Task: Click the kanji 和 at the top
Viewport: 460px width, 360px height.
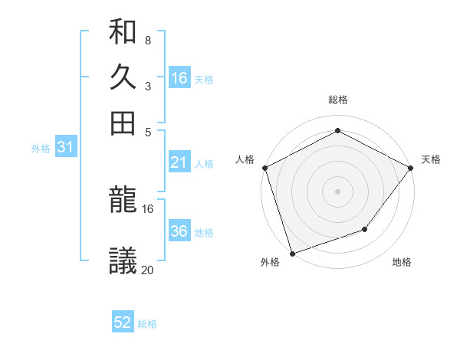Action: pyautogui.click(x=123, y=33)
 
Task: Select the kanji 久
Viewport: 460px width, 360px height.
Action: pyautogui.click(x=123, y=78)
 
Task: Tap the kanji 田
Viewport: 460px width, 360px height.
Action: pyautogui.click(x=123, y=123)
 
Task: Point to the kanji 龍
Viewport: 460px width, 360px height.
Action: pyautogui.click(x=123, y=202)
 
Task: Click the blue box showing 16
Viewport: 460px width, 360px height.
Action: pyautogui.click(x=179, y=77)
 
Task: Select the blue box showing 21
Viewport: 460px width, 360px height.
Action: pyautogui.click(x=179, y=162)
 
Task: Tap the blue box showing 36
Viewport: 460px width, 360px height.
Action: pyautogui.click(x=179, y=231)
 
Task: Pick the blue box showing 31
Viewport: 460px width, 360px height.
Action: pyautogui.click(x=65, y=148)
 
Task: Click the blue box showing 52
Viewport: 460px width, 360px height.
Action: pyautogui.click(x=123, y=322)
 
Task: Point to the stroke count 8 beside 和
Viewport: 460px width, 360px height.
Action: pyautogui.click(x=147, y=41)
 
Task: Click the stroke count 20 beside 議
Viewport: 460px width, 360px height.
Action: pyautogui.click(x=147, y=270)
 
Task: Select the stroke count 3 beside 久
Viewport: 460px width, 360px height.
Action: pyautogui.click(x=147, y=86)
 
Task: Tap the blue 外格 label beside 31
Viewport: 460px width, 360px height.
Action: pyautogui.click(x=41, y=149)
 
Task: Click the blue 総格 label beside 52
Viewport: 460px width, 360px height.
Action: pyautogui.click(x=147, y=324)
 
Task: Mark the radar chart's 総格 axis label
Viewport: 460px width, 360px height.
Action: pyautogui.click(x=337, y=100)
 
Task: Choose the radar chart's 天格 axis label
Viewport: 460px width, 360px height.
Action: pyautogui.click(x=432, y=159)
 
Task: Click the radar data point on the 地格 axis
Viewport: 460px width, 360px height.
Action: pyautogui.click(x=365, y=229)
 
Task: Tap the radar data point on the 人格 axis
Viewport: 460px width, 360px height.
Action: pyautogui.click(x=264, y=168)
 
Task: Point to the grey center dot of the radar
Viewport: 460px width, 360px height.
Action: pyautogui.click(x=337, y=191)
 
